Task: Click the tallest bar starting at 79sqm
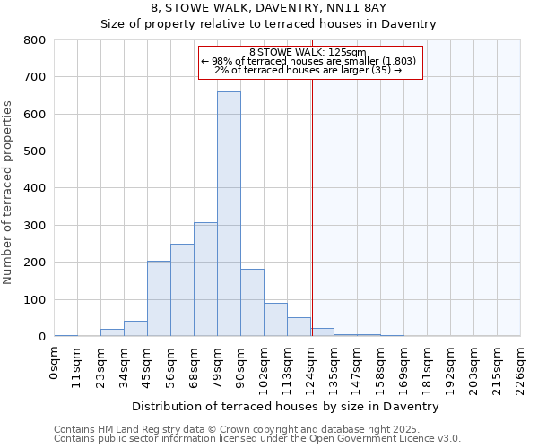click(229, 215)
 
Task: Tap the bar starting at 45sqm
click(159, 299)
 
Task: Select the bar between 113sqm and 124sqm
click(299, 327)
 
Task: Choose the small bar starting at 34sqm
click(135, 329)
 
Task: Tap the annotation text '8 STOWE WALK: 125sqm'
click(308, 53)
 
